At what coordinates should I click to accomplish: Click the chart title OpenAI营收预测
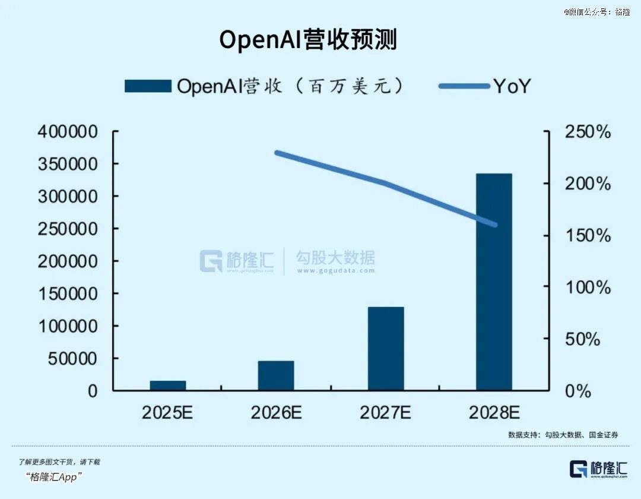tap(308, 40)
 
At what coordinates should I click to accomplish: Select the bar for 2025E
tap(167, 385)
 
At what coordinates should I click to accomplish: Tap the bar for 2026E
tap(276, 375)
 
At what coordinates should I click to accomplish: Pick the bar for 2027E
tap(386, 349)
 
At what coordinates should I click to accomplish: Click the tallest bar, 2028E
tap(494, 282)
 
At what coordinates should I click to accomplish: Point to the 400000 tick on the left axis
tap(68, 132)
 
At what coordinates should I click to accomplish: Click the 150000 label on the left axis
tap(68, 294)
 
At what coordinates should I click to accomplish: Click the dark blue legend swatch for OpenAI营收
tap(148, 86)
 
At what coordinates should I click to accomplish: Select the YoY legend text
tap(512, 87)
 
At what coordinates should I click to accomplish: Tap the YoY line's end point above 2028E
tap(495, 225)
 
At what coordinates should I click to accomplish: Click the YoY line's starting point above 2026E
tap(277, 153)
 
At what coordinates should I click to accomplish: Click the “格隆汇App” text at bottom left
tap(54, 477)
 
